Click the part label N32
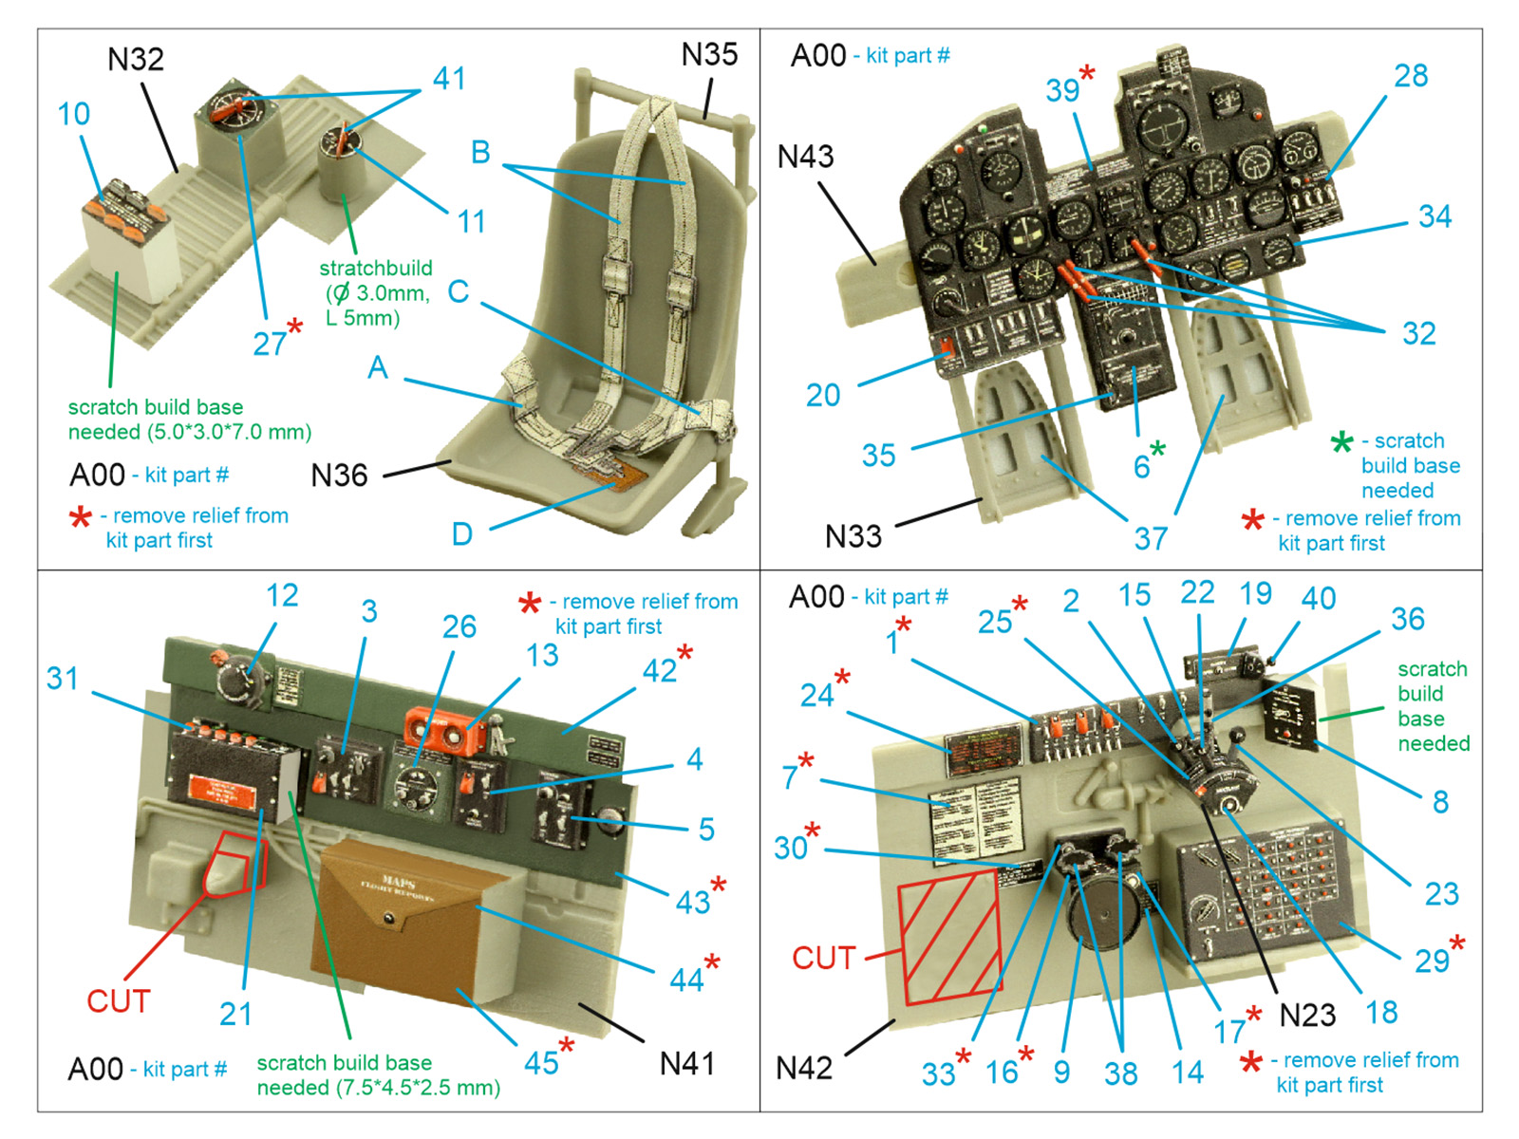[x=135, y=60]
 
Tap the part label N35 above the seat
[x=708, y=55]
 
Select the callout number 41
[x=449, y=79]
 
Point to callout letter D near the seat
[x=461, y=534]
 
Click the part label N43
[x=805, y=157]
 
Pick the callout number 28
[x=1411, y=76]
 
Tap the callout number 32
[x=1418, y=334]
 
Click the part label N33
[x=853, y=537]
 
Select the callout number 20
[x=823, y=395]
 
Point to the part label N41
[x=686, y=1064]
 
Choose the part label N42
[x=803, y=1069]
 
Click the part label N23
[x=1307, y=1016]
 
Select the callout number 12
[x=282, y=595]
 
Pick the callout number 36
[x=1407, y=619]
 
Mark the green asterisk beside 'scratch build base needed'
[x=1341, y=442]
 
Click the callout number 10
[x=73, y=114]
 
